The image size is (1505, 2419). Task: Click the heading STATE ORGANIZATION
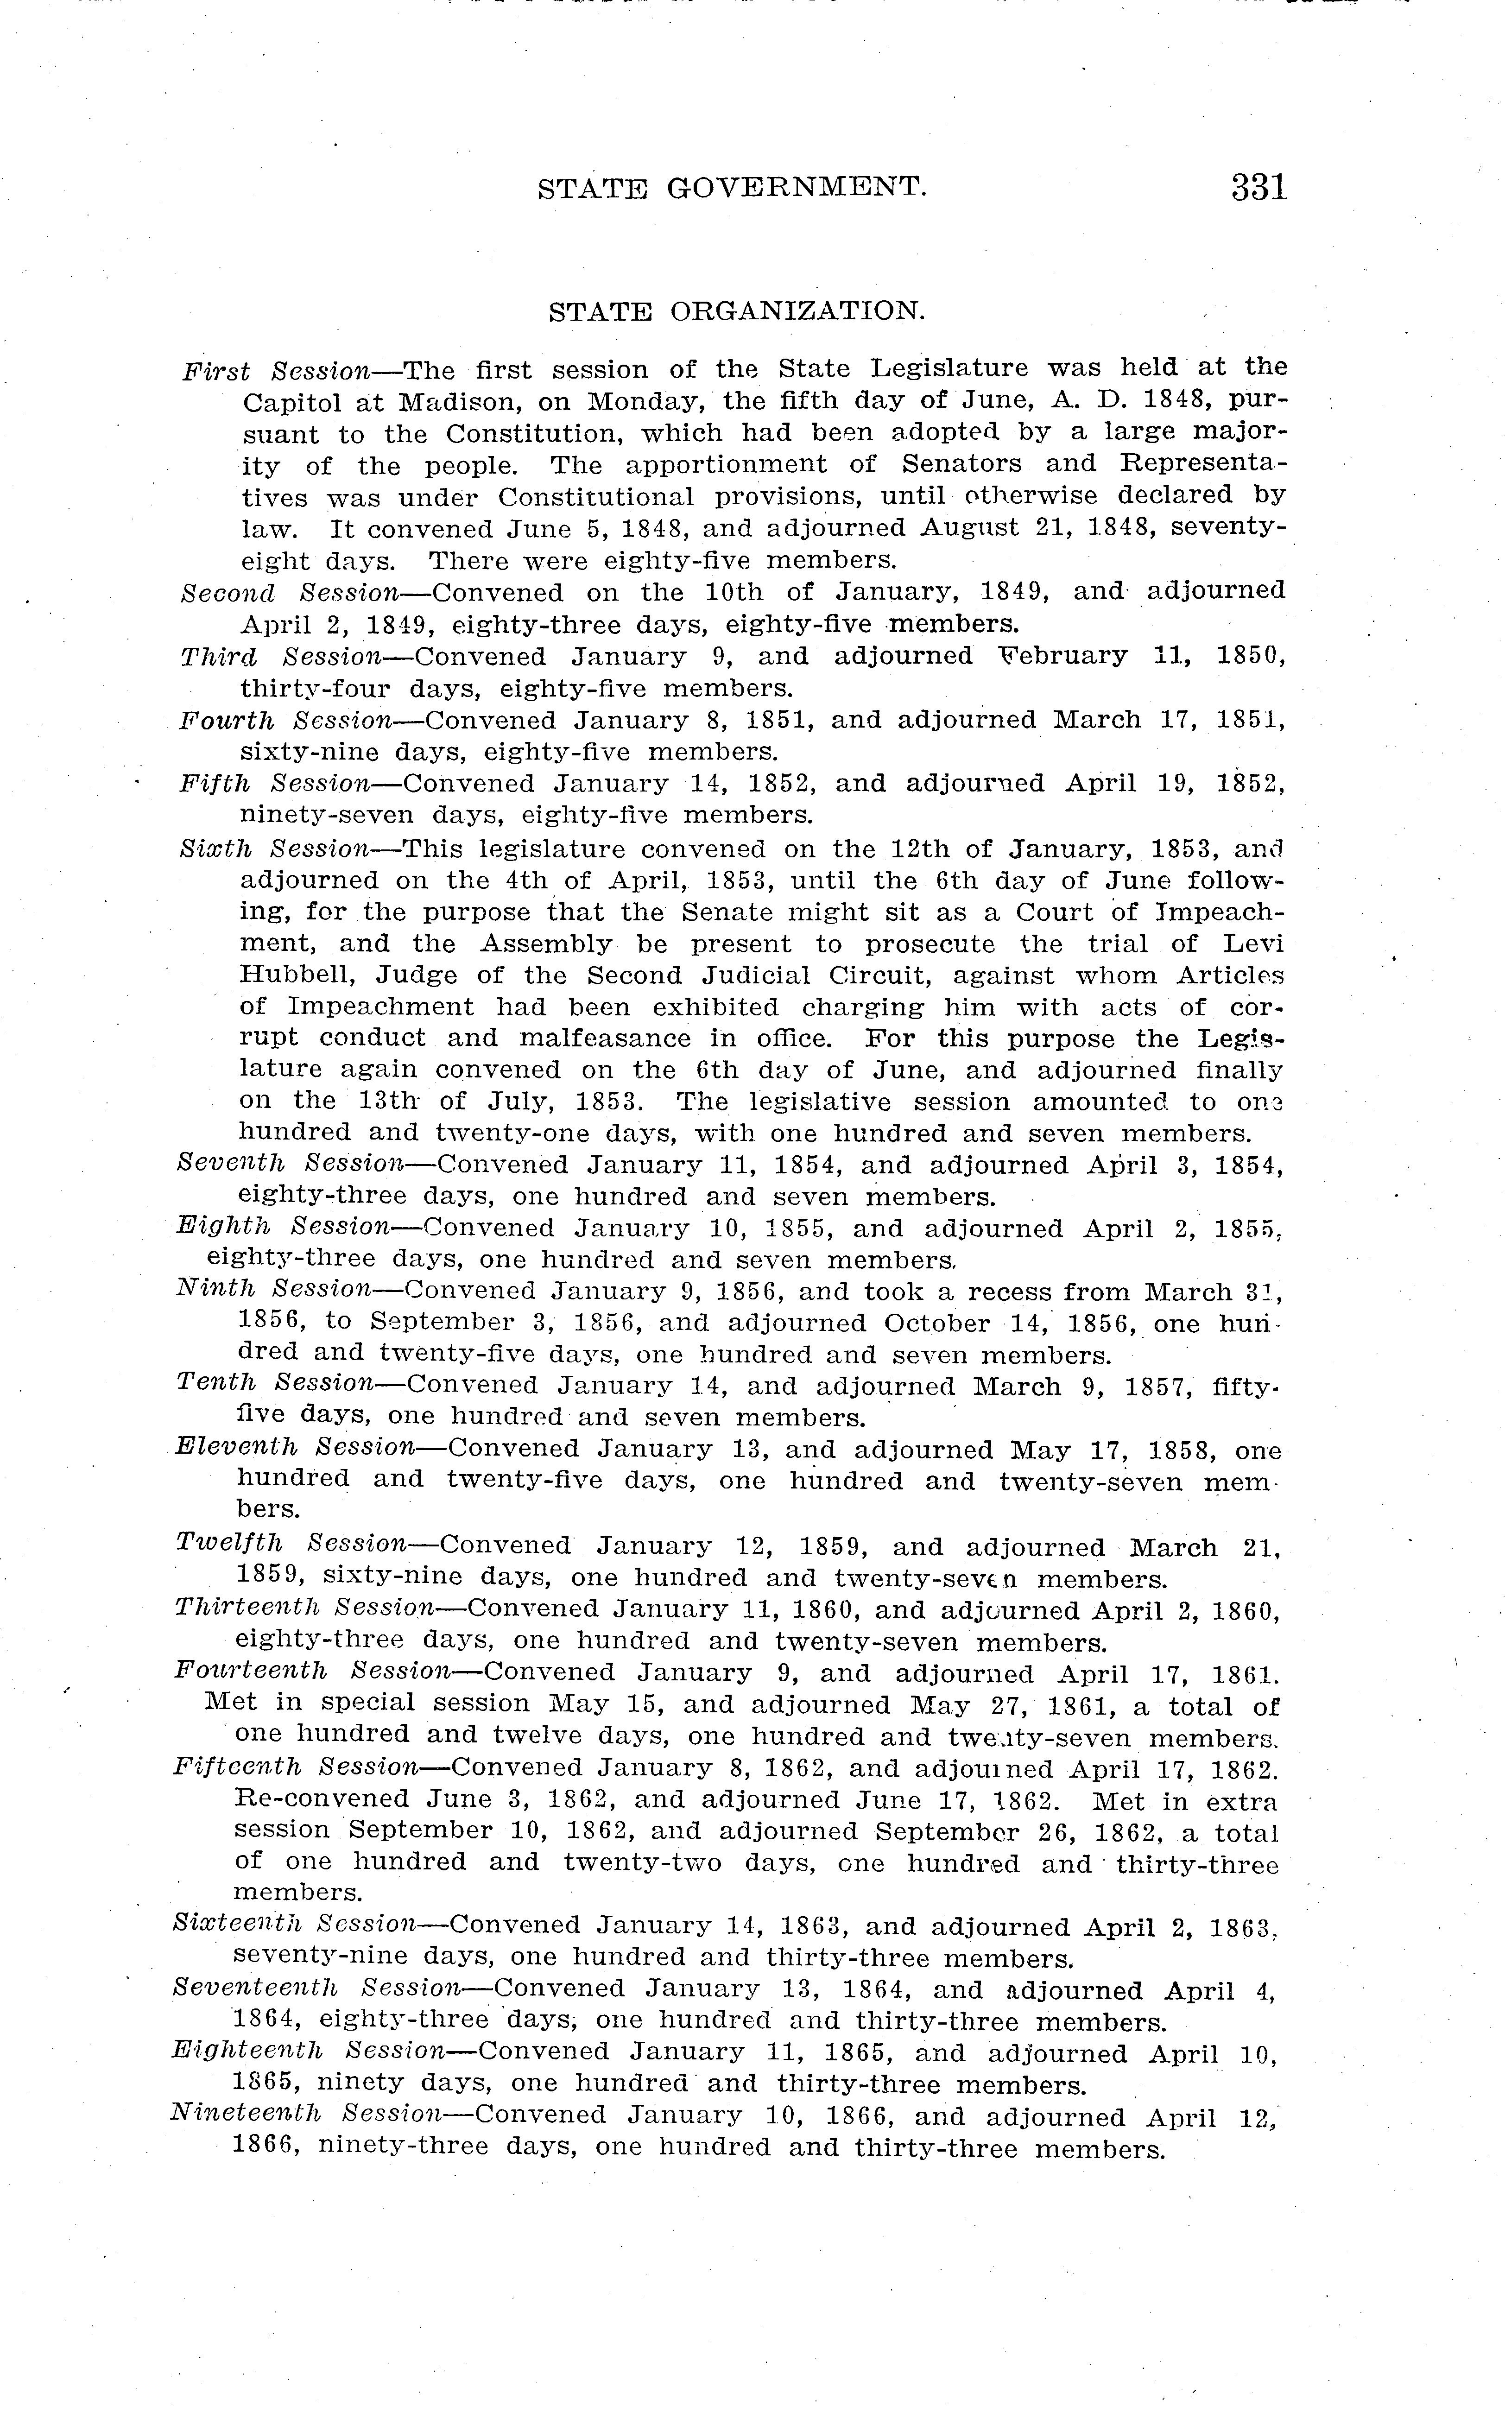tap(737, 311)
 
